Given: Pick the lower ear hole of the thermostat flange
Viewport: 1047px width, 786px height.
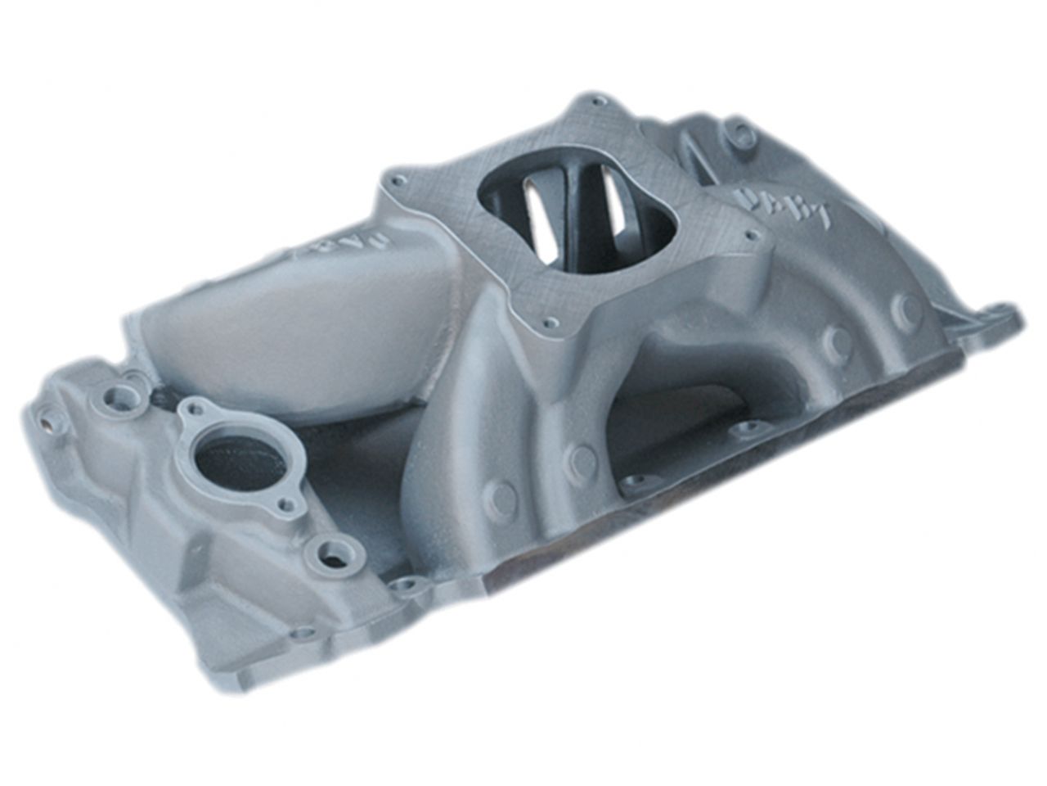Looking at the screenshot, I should coord(287,505).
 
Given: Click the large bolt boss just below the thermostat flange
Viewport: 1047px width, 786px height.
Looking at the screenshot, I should coord(335,554).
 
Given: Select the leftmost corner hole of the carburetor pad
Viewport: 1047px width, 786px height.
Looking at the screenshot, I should coord(399,178).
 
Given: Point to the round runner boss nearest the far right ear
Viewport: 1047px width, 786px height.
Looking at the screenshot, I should coord(907,309).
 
